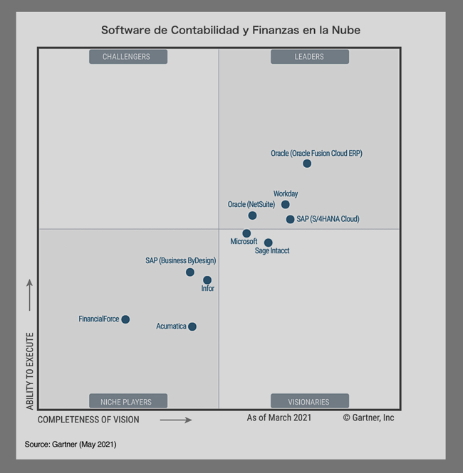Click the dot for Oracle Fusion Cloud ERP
click(307, 164)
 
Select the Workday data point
click(286, 205)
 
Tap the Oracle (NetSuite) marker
click(252, 216)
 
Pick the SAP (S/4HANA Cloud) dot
click(290, 219)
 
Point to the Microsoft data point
click(246, 233)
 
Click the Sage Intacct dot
click(269, 243)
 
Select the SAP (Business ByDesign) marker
click(190, 272)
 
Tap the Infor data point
click(207, 280)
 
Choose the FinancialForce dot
click(125, 319)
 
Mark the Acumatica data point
click(192, 326)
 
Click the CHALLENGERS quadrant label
click(128, 57)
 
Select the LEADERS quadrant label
click(309, 57)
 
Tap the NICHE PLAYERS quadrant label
click(128, 401)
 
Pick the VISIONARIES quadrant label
click(309, 401)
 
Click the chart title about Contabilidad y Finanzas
click(231, 31)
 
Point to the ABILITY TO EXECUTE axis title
click(30, 371)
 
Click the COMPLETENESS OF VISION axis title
click(88, 420)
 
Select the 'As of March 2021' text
click(279, 418)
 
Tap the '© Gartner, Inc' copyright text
click(368, 418)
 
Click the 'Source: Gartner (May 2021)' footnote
click(71, 445)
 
